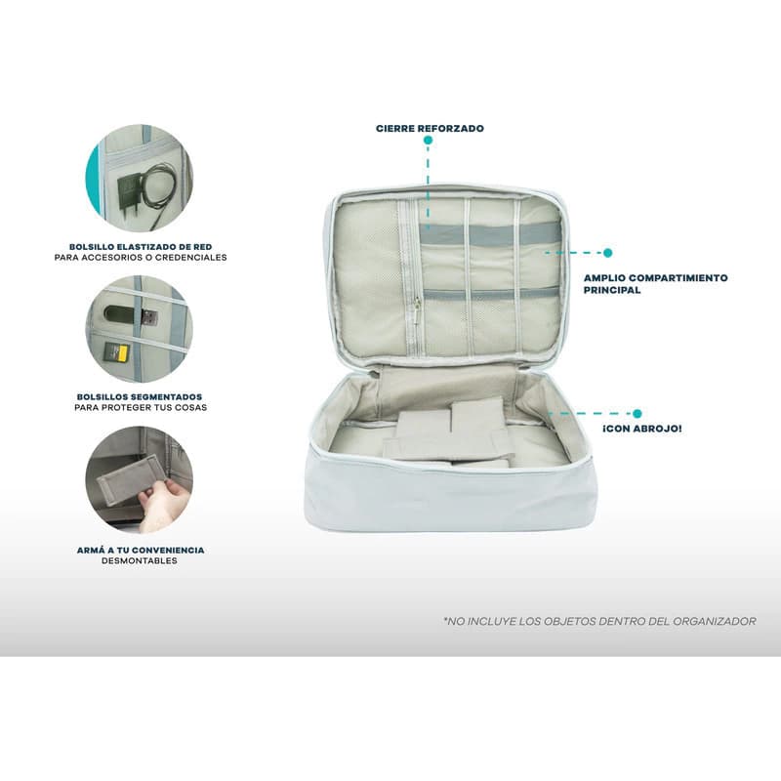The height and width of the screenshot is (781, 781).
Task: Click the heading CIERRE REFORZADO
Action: pos(430,129)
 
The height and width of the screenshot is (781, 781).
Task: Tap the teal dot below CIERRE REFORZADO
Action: pos(428,141)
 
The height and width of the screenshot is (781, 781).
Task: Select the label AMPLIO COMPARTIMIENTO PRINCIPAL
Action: pos(655,284)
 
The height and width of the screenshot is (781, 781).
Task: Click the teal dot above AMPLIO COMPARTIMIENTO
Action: pos(607,253)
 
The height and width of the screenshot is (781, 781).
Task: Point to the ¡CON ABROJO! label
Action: pos(642,429)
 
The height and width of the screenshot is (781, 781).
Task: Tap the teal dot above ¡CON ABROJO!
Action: pos(637,413)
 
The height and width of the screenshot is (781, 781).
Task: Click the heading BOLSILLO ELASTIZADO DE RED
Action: pos(141,247)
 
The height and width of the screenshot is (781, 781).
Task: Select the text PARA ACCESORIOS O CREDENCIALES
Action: pos(141,258)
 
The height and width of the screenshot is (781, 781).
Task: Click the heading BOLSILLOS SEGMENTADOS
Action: pos(140,397)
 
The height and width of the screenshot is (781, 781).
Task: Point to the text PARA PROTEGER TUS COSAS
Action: pos(141,407)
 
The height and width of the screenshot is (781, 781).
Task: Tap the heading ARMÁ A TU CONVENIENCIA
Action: pos(141,550)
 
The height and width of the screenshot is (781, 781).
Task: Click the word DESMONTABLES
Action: pos(140,560)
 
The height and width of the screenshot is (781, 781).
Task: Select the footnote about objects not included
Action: pos(599,621)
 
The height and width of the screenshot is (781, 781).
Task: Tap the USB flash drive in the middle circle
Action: pos(131,316)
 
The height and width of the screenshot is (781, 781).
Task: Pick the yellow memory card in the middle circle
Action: pos(117,352)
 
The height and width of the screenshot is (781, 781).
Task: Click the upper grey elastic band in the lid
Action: pos(490,234)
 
